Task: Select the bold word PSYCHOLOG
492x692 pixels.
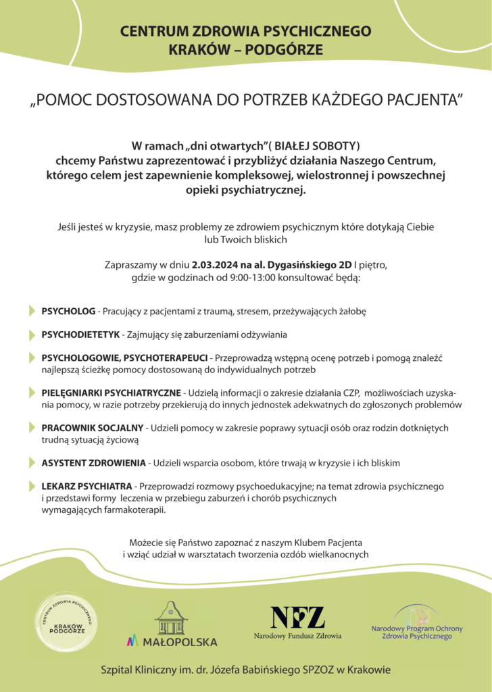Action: pos(68,312)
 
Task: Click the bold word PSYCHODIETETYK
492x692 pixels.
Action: pos(80,335)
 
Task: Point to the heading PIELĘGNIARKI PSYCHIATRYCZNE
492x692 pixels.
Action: pos(111,393)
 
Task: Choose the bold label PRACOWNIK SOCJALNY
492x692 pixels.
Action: pos(92,428)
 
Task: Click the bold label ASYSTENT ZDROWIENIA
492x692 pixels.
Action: pos(93,463)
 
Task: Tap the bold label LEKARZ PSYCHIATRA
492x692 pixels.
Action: pos(88,486)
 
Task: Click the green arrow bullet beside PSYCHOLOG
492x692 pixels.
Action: pos(32,312)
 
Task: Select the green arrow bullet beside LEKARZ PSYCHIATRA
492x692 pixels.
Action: pos(32,486)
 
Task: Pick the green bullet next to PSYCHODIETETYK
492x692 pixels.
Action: pos(32,335)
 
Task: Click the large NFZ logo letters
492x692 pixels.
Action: pos(297,617)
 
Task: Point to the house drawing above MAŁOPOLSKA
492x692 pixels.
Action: pos(171,617)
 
